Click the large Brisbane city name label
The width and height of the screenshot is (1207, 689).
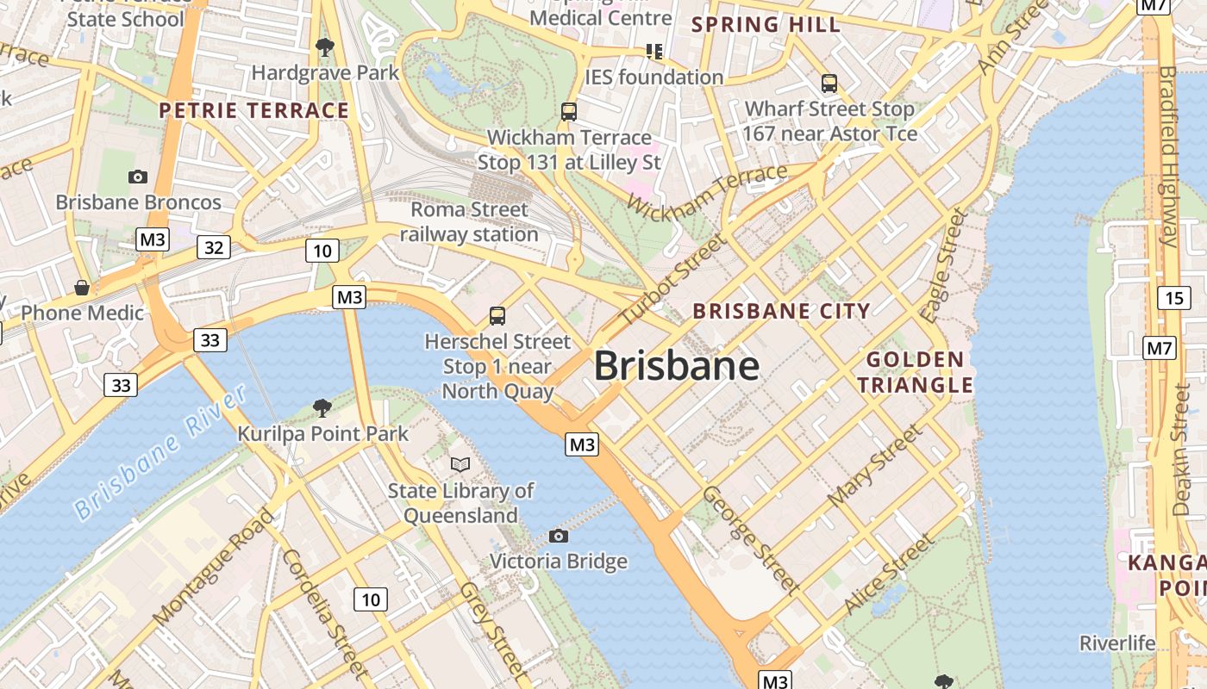pyautogui.click(x=677, y=366)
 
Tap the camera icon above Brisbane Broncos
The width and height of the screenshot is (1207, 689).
pyautogui.click(x=138, y=177)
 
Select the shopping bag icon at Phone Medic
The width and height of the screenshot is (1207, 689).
pyautogui.click(x=82, y=287)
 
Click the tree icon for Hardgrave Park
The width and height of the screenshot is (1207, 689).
pyautogui.click(x=325, y=47)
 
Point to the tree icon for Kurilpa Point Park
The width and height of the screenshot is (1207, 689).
pyautogui.click(x=322, y=407)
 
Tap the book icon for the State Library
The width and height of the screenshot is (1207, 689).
pyautogui.click(x=461, y=465)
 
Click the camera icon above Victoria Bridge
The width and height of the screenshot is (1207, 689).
pyautogui.click(x=559, y=537)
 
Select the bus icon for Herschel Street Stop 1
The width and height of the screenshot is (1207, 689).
pyautogui.click(x=497, y=316)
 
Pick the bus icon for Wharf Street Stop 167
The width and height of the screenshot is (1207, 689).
pyautogui.click(x=829, y=84)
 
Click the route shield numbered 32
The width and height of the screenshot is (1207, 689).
pyautogui.click(x=214, y=248)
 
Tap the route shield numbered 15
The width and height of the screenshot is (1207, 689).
pyautogui.click(x=1173, y=298)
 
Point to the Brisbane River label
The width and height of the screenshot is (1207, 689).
pyautogui.click(x=160, y=453)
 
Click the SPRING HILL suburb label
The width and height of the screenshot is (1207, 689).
pyautogui.click(x=766, y=25)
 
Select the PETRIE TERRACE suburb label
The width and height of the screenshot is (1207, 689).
pyautogui.click(x=254, y=110)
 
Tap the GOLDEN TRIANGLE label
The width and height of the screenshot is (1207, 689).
pyautogui.click(x=915, y=372)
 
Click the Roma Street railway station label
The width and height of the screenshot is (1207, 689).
pyautogui.click(x=469, y=222)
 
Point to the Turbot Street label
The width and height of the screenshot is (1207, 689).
pyautogui.click(x=671, y=281)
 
